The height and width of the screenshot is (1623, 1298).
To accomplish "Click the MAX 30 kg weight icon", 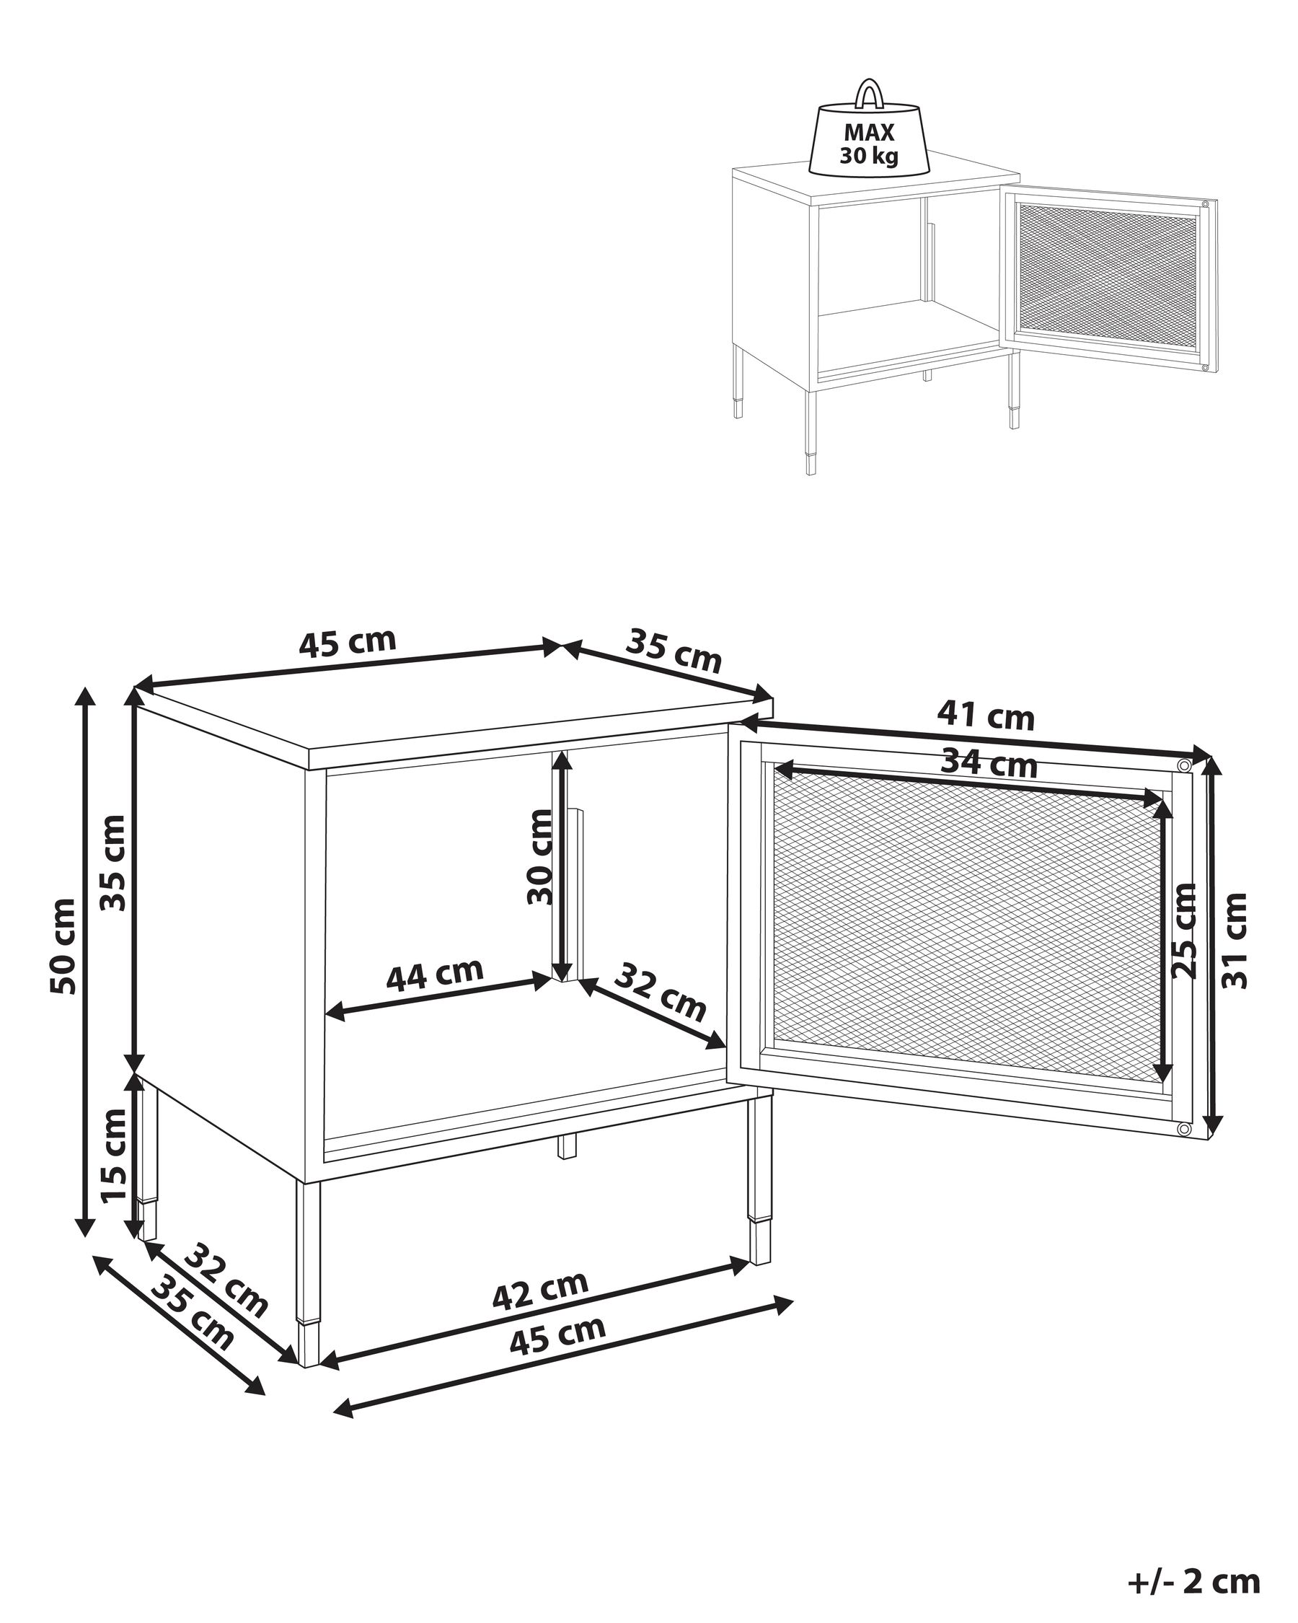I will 869,139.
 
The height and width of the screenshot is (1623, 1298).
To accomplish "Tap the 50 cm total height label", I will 64,946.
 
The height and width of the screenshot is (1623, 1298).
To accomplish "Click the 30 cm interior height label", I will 539,857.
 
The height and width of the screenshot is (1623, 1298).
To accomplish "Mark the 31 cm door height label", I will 1235,940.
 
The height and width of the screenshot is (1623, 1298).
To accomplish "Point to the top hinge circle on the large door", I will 1183,766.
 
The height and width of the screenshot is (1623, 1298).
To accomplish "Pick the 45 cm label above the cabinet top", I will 347,642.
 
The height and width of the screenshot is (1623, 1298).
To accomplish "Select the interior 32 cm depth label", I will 660,992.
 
